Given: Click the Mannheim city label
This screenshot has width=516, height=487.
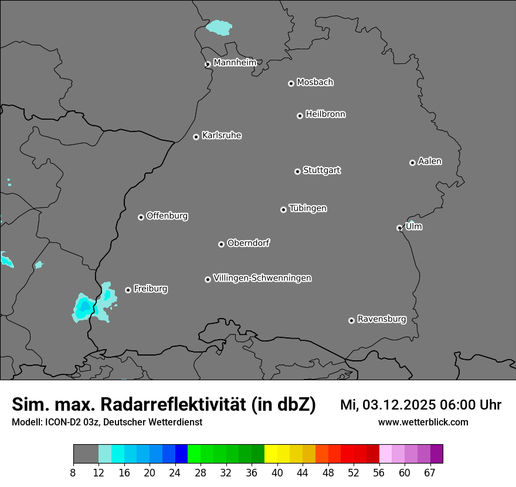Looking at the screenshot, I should (x=235, y=62).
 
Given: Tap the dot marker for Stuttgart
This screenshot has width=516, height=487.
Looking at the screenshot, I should (x=297, y=171).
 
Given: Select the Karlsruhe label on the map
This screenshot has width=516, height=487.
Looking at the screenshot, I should (x=222, y=136).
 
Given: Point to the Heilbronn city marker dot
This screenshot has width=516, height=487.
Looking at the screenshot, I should (x=300, y=116).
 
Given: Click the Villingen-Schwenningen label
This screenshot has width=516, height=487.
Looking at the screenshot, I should (x=262, y=278).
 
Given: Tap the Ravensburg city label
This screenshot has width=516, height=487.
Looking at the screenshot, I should (x=382, y=319).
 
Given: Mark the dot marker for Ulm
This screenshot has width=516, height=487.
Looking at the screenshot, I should (x=399, y=228).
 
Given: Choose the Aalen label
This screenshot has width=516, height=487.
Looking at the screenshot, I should (x=430, y=161).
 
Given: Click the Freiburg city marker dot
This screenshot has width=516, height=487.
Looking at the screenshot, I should (x=128, y=290).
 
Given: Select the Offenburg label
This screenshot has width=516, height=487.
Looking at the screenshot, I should (x=167, y=216).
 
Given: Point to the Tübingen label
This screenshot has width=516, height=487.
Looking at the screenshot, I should (x=308, y=208).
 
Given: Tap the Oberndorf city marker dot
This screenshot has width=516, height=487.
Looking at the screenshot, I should (x=221, y=244).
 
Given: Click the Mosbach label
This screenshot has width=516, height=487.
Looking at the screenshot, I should (x=315, y=83).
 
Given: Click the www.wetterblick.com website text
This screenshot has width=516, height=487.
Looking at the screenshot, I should (x=423, y=422).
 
